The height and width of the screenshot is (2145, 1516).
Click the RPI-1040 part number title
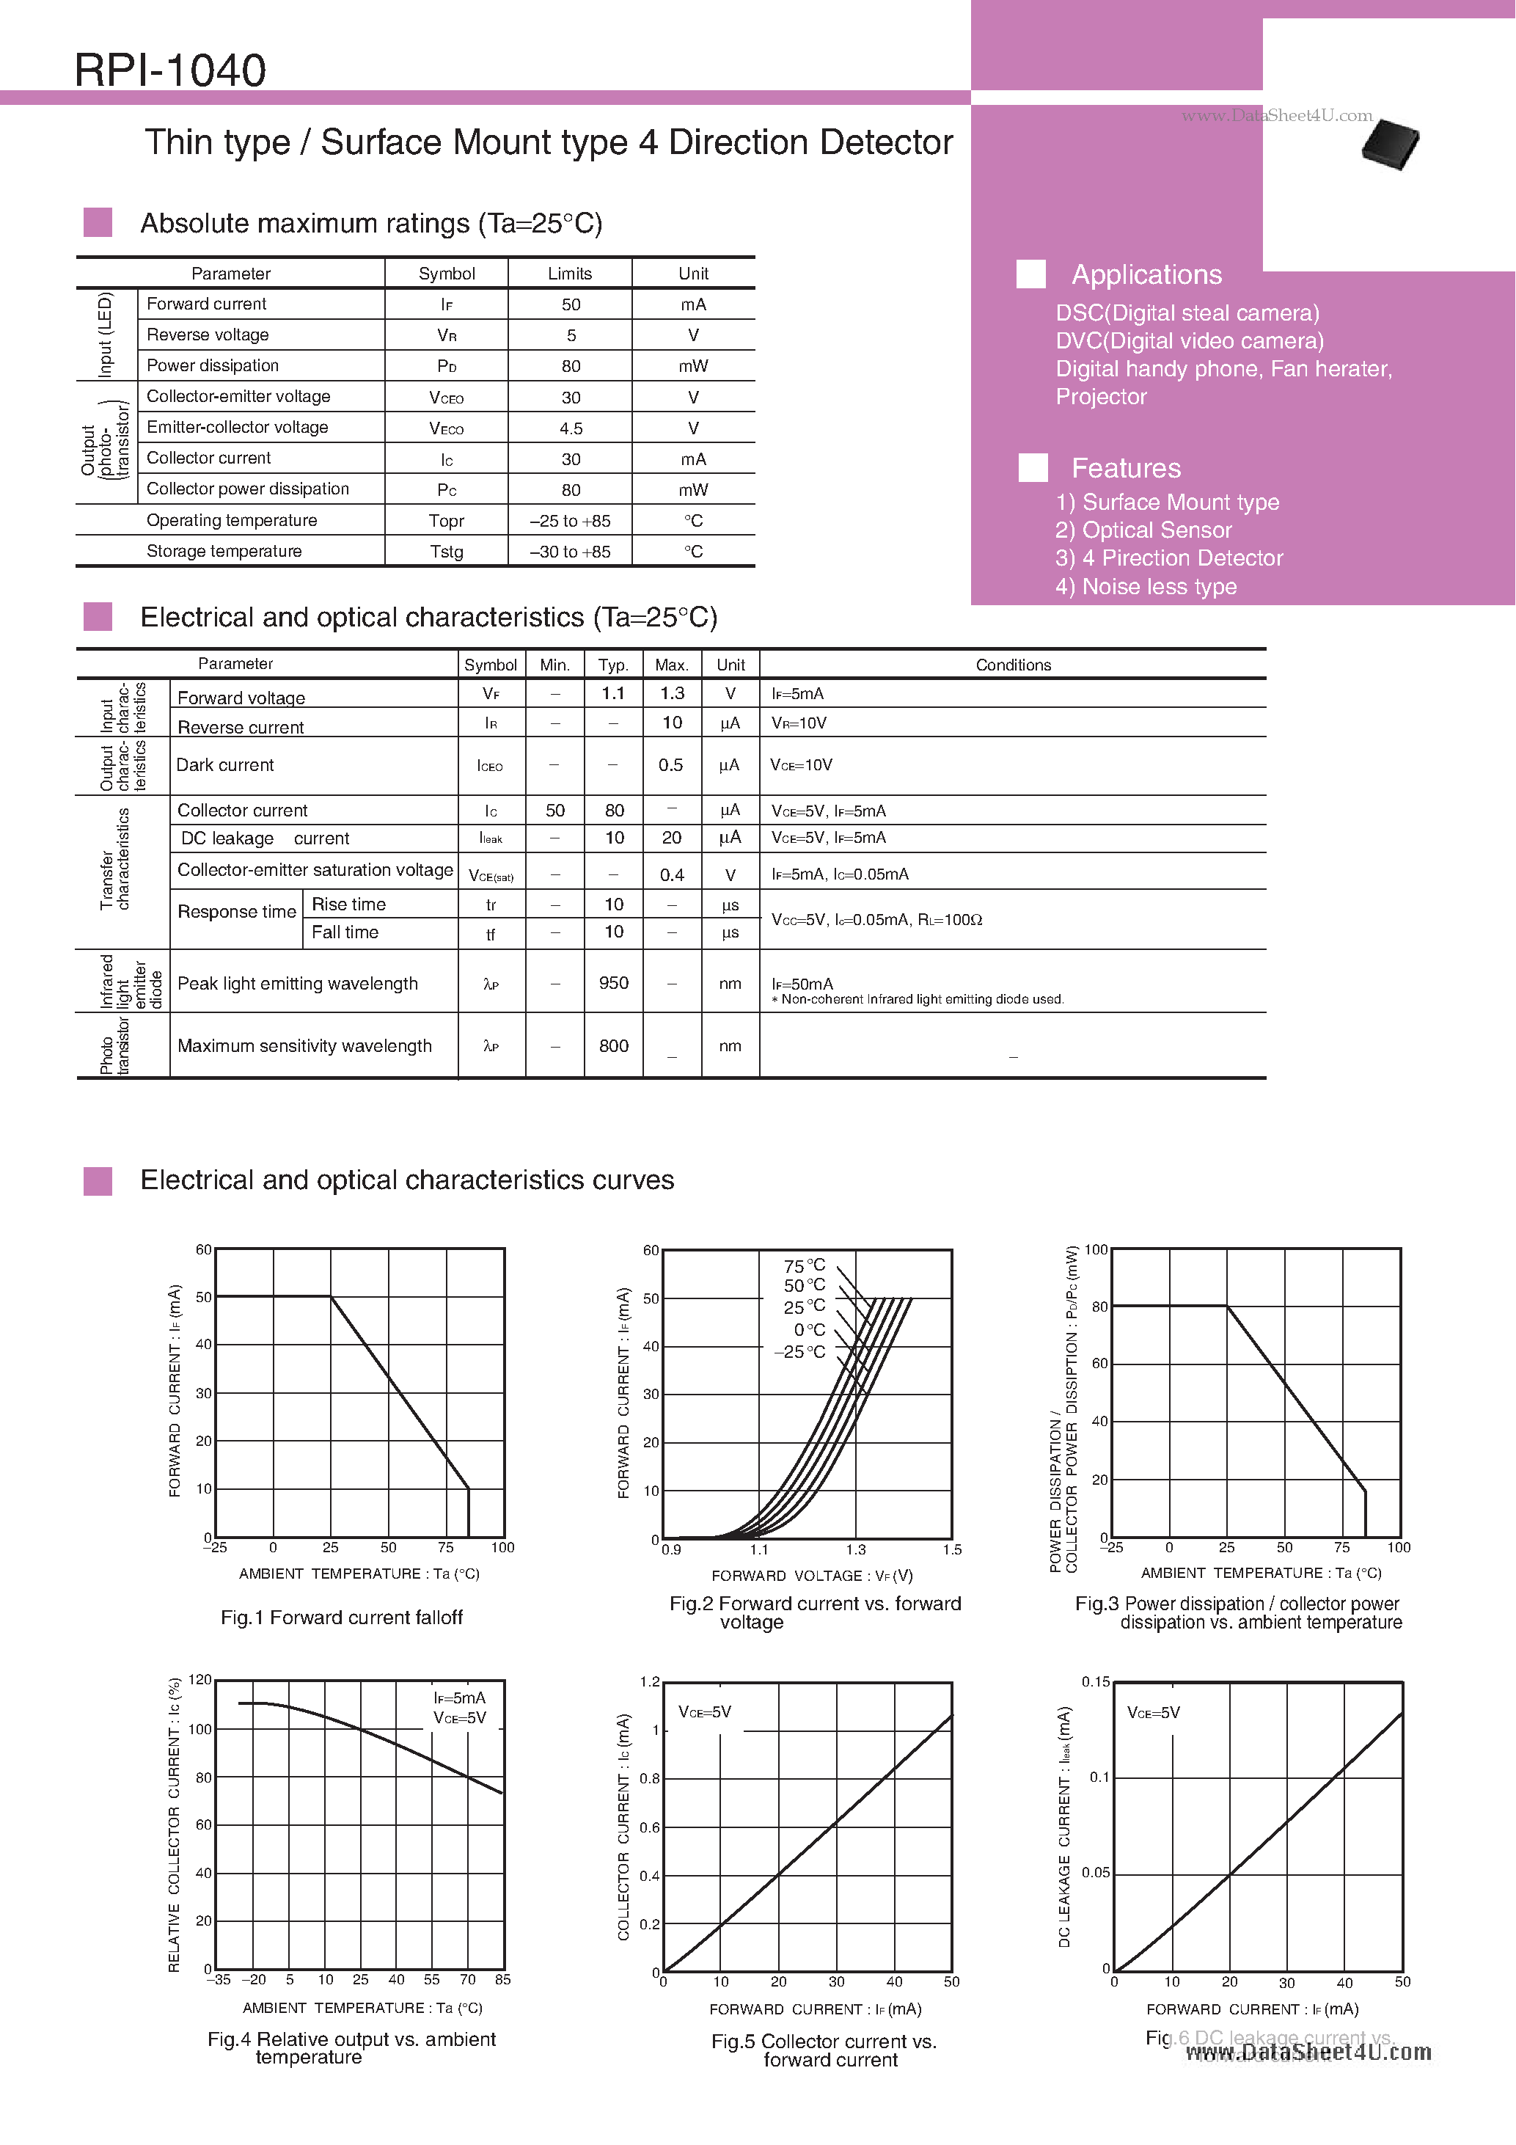click(170, 70)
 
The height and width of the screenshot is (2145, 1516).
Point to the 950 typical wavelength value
click(614, 983)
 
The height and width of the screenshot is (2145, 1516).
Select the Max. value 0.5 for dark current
click(670, 765)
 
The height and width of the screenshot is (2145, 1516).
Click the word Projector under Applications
click(1100, 397)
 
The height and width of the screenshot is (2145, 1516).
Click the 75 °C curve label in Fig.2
click(805, 1266)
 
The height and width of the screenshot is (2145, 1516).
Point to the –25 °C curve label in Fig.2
click(799, 1352)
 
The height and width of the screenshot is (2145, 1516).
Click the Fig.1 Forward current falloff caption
click(341, 1617)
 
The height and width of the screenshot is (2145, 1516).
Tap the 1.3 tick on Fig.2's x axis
click(856, 1549)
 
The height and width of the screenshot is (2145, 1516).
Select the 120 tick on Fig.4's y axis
click(200, 1679)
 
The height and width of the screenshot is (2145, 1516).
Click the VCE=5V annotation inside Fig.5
click(704, 1712)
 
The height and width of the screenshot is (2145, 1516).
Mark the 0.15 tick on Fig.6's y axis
click(1096, 1681)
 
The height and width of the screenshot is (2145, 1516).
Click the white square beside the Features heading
click(1032, 468)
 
